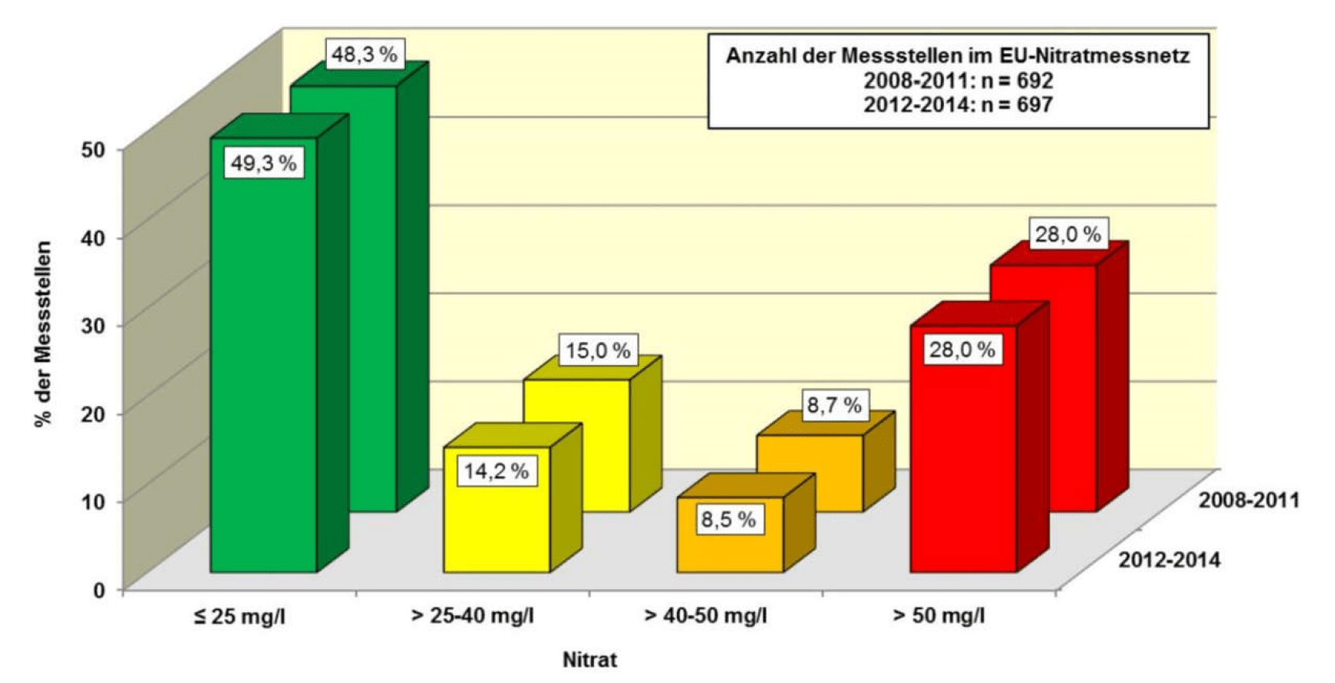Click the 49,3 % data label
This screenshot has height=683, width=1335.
(x=263, y=163)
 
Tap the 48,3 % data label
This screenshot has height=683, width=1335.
(x=364, y=55)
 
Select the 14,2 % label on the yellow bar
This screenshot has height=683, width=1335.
(x=496, y=470)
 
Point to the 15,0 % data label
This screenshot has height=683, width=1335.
(x=598, y=350)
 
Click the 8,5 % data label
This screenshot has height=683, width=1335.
(x=728, y=520)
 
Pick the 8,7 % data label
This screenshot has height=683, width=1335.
(x=834, y=405)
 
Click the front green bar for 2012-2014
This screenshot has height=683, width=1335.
(x=263, y=370)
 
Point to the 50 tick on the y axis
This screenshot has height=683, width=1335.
(x=92, y=149)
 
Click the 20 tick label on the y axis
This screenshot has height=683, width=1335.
(x=92, y=413)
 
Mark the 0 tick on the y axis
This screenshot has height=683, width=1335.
(x=98, y=590)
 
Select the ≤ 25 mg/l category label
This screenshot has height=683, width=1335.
(x=239, y=617)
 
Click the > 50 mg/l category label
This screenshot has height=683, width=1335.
(x=939, y=616)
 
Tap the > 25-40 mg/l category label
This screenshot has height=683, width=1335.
(x=472, y=616)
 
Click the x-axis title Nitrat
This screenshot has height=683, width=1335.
(x=589, y=660)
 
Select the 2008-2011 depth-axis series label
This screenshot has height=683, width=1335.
(x=1249, y=501)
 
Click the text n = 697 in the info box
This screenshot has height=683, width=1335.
(x=1016, y=104)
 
